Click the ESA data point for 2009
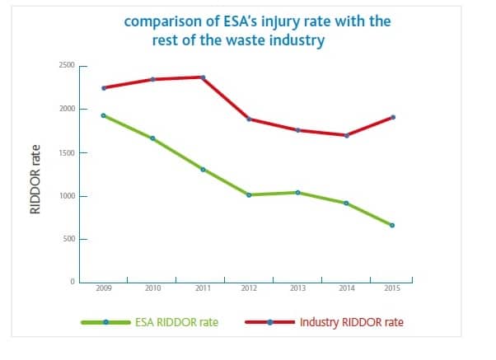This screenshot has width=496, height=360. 103,115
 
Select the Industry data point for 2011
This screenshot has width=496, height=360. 203,77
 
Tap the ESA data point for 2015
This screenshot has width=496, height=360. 392,225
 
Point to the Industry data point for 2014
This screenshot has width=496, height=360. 347,135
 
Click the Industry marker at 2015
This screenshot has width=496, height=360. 392,117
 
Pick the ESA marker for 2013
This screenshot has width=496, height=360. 297,192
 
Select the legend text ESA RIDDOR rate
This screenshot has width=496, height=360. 176,321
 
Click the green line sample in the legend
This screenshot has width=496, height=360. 105,321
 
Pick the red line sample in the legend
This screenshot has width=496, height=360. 270,321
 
